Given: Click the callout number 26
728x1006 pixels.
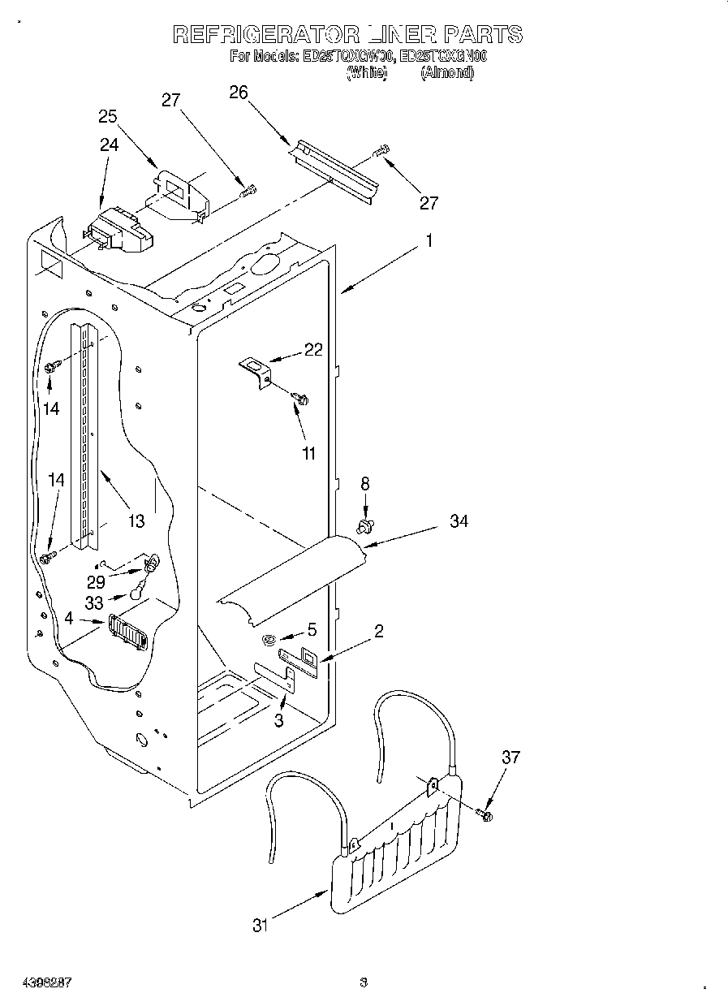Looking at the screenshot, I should tap(238, 93).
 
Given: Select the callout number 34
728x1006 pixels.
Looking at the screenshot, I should tap(459, 521).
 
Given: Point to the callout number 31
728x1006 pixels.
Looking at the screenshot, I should tap(260, 925).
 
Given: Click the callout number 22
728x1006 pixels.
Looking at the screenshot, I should tap(313, 350).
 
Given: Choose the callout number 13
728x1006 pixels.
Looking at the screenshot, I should tap(136, 520).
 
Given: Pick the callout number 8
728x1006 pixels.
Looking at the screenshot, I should tap(365, 484).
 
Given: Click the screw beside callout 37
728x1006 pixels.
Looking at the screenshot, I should tap(486, 813).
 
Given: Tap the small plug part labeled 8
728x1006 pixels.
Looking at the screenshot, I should tap(365, 528).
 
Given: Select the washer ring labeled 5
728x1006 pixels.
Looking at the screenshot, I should tap(268, 641).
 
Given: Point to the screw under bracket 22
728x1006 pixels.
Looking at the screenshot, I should tap(302, 399).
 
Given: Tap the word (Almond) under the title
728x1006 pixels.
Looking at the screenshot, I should tap(446, 73).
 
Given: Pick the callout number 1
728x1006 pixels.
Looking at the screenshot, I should tap(430, 241).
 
